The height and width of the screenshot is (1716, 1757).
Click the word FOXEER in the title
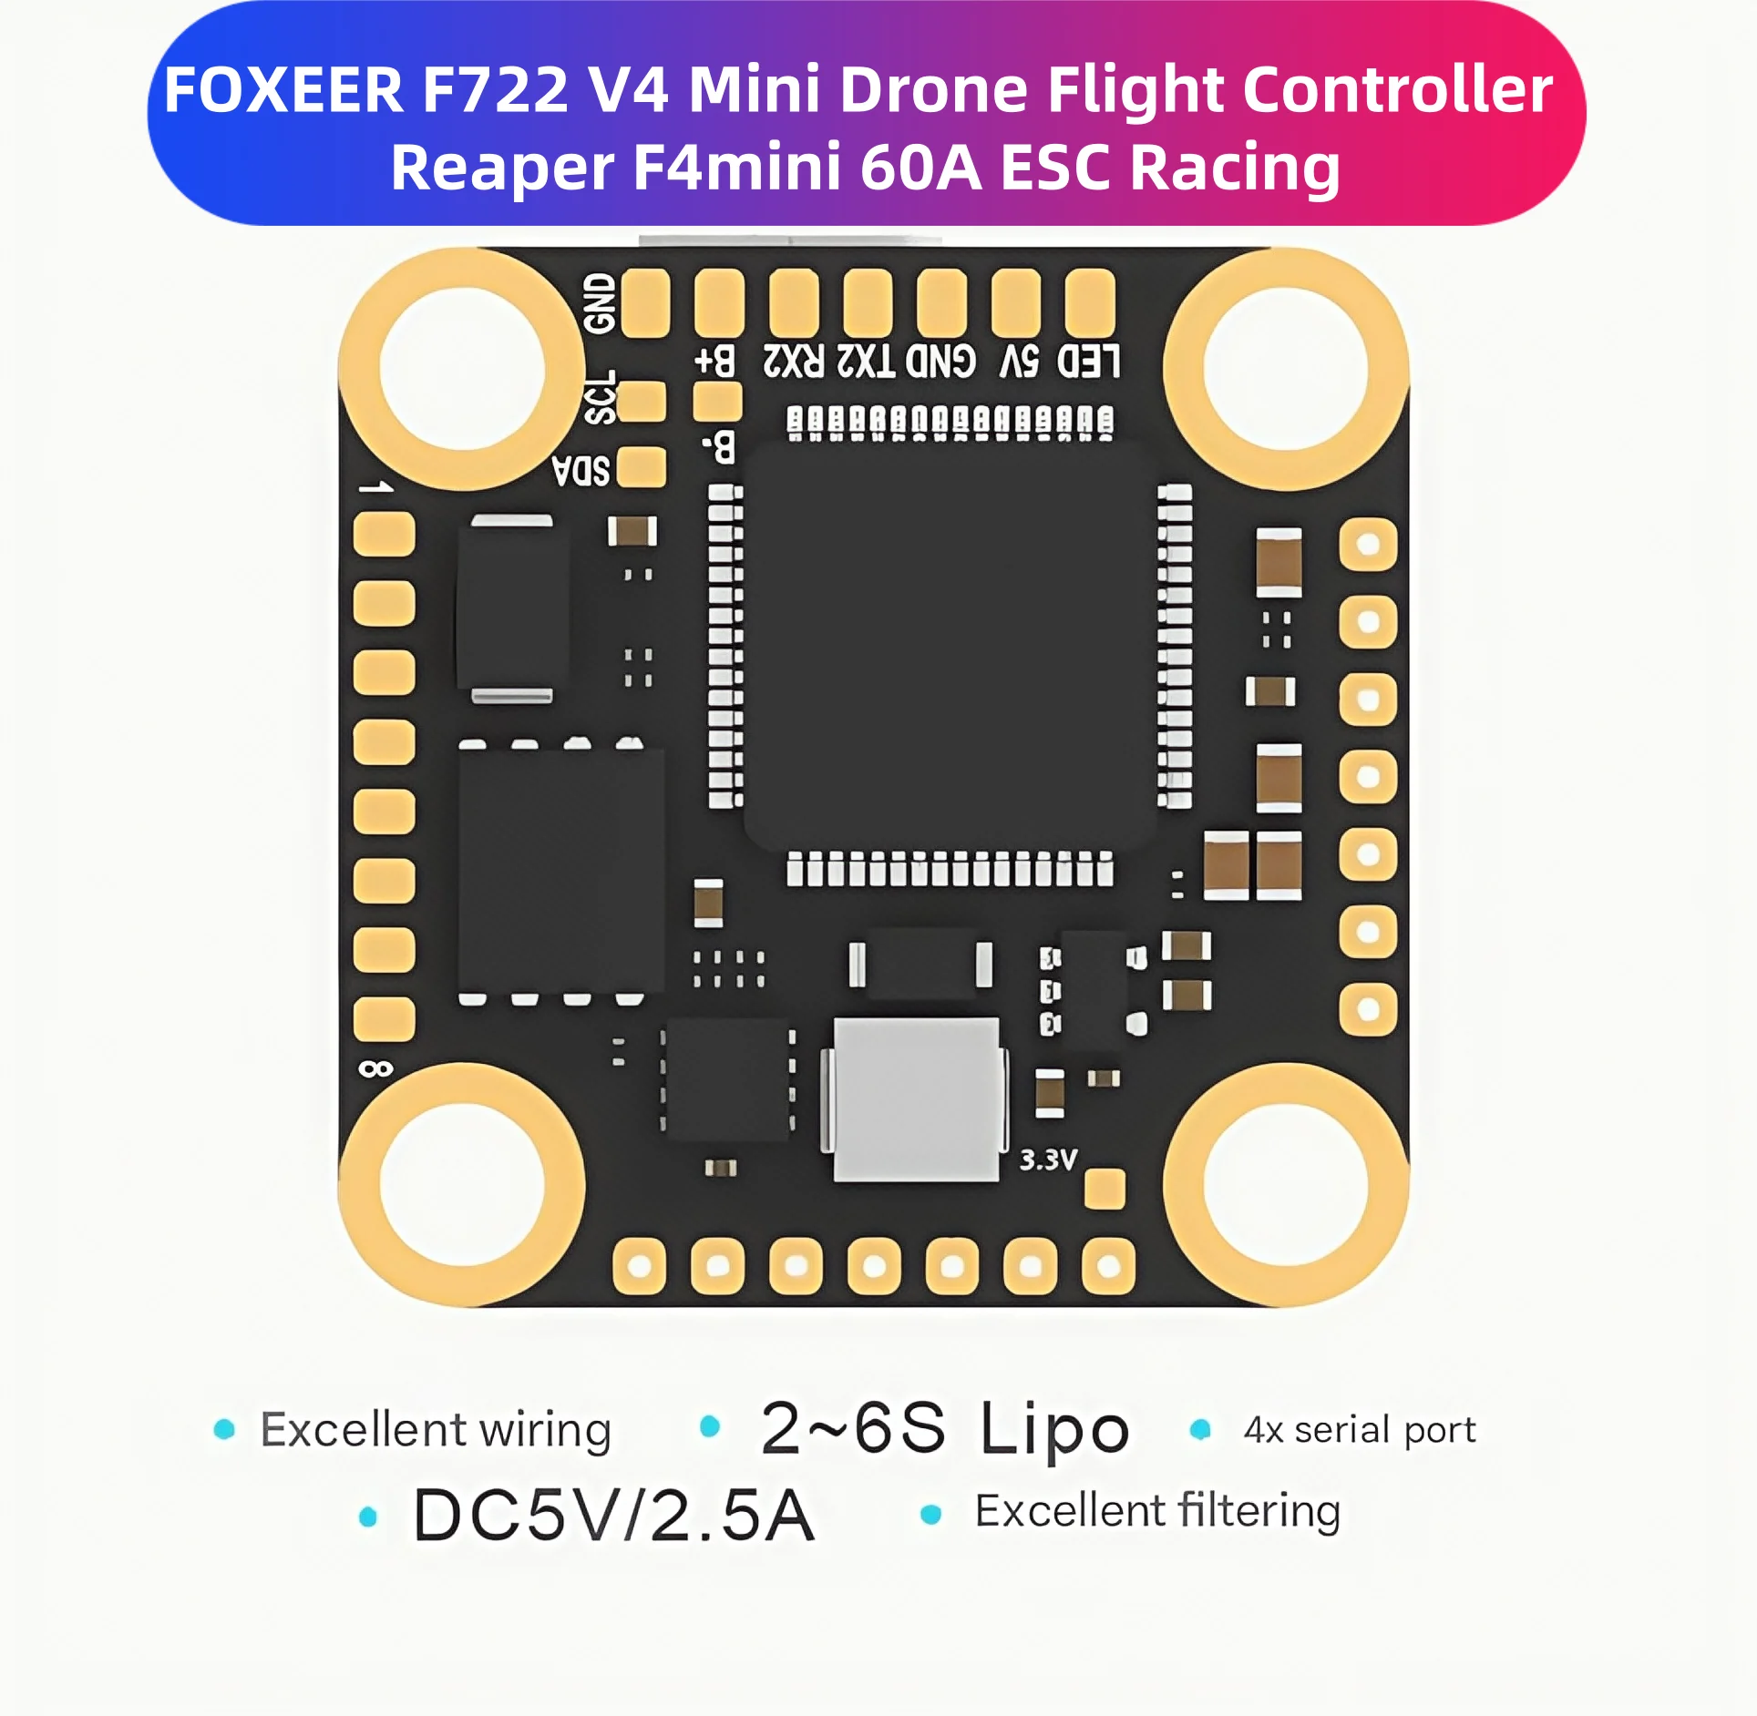coord(283,90)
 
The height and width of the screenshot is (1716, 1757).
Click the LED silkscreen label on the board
coord(1088,362)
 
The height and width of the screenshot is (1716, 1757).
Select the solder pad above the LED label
coord(1089,302)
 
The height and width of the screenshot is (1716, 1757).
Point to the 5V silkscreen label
coord(1019,362)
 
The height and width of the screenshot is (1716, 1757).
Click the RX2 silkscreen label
coord(793,362)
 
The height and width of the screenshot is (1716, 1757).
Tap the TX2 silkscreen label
coord(866,362)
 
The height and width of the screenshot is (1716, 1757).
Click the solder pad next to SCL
coord(643,402)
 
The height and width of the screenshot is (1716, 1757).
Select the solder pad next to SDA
coord(642,467)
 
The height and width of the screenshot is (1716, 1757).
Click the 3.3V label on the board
coord(1048,1159)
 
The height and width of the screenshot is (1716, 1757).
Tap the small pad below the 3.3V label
coord(1105,1189)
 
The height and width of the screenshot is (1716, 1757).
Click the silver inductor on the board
coord(916,1099)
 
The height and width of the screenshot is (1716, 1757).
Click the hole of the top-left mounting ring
coord(462,369)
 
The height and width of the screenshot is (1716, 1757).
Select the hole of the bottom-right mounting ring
coord(1286,1185)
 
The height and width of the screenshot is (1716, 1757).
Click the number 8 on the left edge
coord(375,1068)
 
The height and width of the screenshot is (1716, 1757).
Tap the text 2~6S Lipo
coord(945,1428)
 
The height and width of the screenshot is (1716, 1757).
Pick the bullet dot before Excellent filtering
coord(930,1514)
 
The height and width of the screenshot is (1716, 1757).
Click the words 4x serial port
coord(1359,1430)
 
